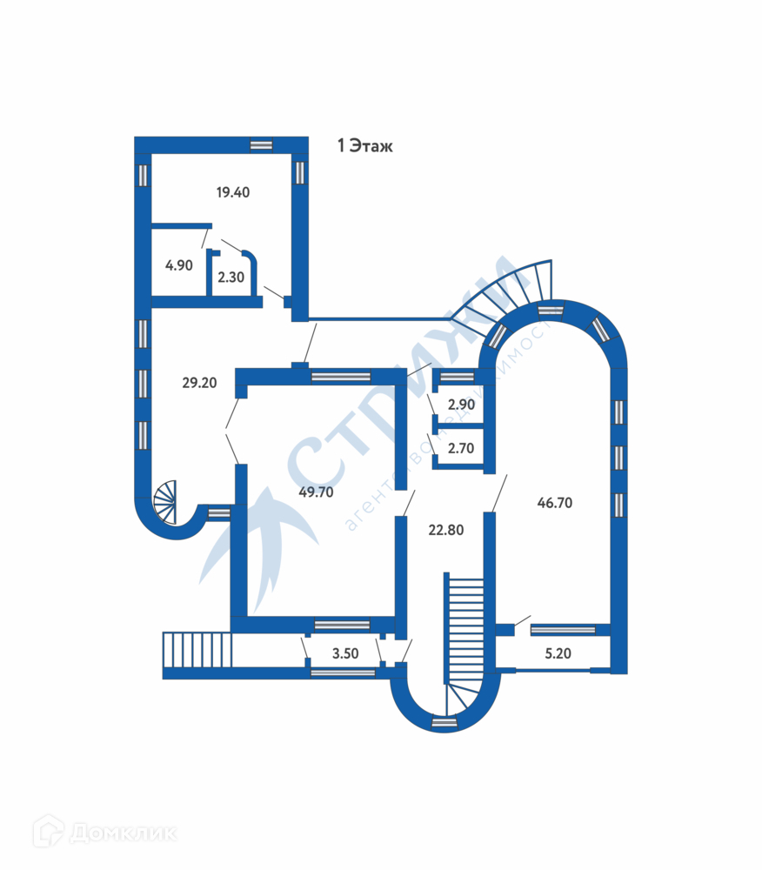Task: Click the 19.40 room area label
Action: (232, 192)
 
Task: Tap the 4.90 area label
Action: (178, 265)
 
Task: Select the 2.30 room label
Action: (231, 278)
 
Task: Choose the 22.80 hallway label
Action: (446, 528)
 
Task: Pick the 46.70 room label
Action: (554, 502)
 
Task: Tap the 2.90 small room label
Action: (459, 405)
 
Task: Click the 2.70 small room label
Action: (459, 449)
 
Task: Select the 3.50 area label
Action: (345, 652)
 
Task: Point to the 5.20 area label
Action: (558, 652)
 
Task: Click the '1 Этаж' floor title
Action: (365, 146)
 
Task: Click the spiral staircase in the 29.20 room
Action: (166, 502)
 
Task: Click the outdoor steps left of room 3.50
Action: (197, 650)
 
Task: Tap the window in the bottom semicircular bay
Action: (444, 721)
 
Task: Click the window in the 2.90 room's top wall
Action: (453, 378)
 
